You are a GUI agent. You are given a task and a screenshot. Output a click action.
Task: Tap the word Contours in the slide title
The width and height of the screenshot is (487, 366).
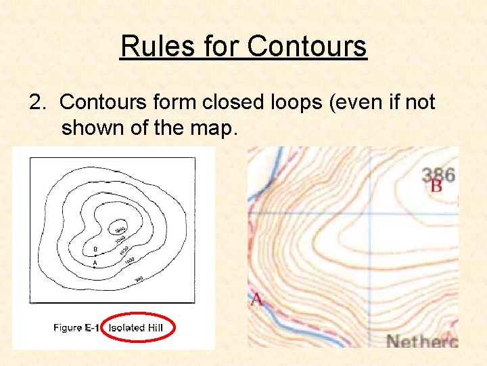[x=307, y=47]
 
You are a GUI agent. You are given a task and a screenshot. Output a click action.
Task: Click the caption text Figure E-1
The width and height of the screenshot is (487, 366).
[x=76, y=328]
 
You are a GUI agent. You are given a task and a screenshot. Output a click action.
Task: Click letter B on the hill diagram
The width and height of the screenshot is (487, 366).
[x=95, y=249]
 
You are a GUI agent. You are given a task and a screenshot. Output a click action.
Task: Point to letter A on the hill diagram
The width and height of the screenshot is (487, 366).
[x=95, y=263]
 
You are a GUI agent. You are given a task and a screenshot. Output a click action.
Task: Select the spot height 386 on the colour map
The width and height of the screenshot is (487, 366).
[x=438, y=175]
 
